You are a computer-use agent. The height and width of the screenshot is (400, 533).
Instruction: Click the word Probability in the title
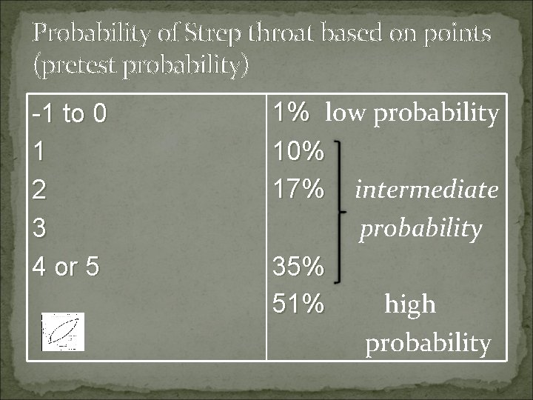point(95,34)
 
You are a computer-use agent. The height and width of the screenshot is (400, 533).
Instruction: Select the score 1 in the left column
point(39,153)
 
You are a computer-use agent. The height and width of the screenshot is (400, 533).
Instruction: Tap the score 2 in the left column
point(40,190)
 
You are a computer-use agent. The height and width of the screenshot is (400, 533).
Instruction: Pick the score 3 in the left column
point(40,229)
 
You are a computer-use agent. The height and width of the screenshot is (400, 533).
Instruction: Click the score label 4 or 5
point(67,267)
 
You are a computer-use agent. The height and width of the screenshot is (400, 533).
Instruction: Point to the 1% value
point(290,113)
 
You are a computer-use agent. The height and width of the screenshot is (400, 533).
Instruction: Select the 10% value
point(298,152)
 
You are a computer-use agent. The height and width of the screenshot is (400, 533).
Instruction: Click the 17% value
point(298,190)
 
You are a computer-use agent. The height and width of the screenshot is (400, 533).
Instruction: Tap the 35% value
point(298,266)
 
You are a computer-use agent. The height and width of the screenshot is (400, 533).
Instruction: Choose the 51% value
point(298,304)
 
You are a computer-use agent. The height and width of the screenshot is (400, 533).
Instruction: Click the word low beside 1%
point(346,113)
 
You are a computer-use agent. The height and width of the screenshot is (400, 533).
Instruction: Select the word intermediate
point(426,190)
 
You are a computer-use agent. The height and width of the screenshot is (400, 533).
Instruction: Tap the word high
point(409,304)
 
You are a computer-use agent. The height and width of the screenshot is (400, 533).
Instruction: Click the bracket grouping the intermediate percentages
point(340,213)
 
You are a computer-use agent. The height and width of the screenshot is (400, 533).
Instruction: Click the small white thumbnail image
point(63,331)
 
